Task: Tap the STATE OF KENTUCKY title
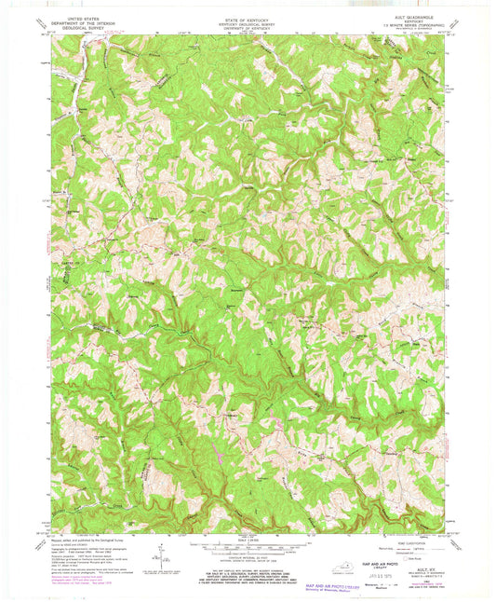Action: pyautogui.click(x=248, y=14)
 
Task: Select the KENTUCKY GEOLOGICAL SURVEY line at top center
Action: pyautogui.click(x=248, y=19)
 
